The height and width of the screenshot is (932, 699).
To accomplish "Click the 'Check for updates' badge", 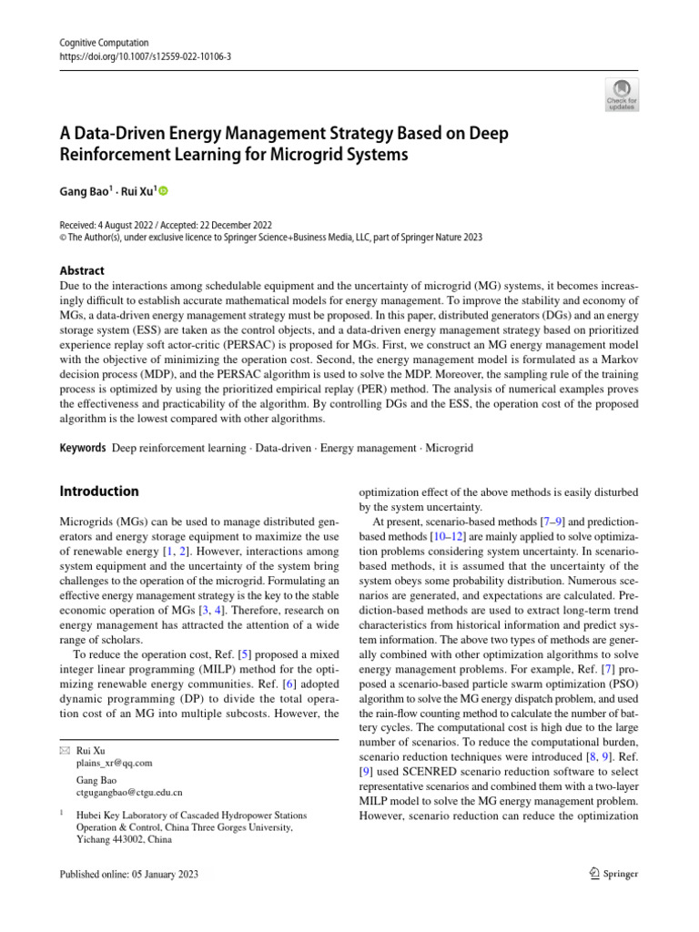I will coord(622,95).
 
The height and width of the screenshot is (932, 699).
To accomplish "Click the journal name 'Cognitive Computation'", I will coord(104,43).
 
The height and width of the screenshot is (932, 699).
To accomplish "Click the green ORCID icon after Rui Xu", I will coord(164,191).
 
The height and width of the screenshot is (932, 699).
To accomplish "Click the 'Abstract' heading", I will coord(82,270).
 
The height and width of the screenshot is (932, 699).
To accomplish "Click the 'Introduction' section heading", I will coord(99,491).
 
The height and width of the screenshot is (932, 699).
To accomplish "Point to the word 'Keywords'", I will coord(82,449).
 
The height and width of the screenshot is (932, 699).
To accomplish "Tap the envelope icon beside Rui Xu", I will coord(64,750).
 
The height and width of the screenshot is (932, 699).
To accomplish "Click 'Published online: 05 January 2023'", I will coord(128,874).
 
